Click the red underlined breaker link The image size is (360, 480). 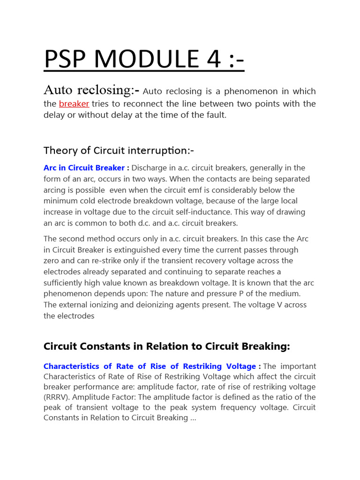(74, 104)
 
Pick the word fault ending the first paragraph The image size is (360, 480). (214, 115)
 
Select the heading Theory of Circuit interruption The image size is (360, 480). (119, 150)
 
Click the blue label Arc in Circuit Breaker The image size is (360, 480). (84, 168)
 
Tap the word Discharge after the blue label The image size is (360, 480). (150, 168)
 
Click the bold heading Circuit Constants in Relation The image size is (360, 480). (167, 346)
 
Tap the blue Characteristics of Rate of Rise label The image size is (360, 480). (150, 366)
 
